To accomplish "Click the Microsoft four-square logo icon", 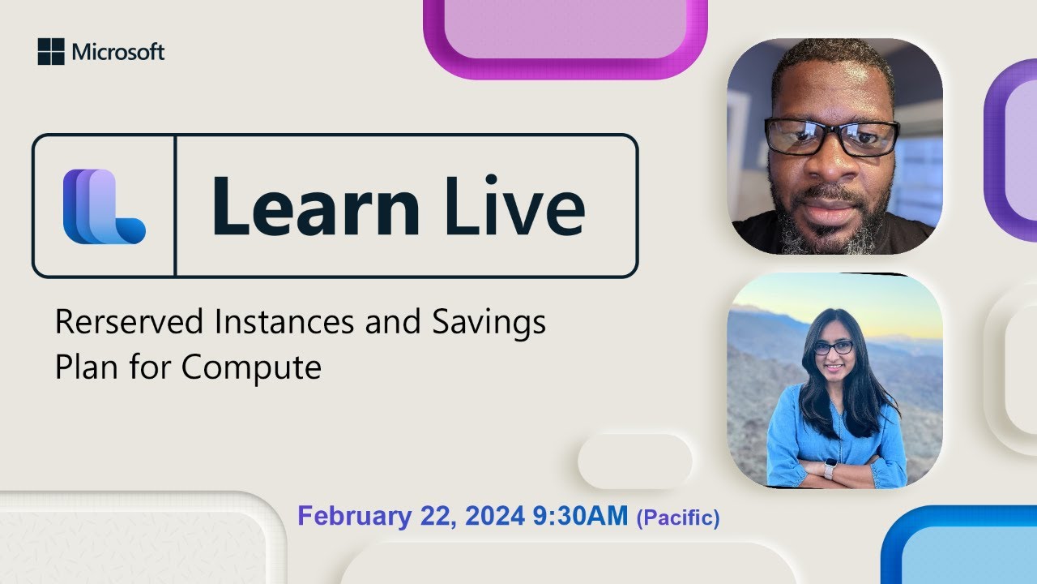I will click(50, 52).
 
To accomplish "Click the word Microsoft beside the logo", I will click(118, 53).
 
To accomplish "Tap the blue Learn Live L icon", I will click(104, 206).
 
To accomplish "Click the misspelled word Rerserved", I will click(129, 323).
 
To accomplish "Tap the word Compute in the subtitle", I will click(251, 367).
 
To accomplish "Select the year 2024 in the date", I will click(495, 517).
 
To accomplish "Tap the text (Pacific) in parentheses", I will click(678, 517).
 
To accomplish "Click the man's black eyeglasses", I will click(831, 136).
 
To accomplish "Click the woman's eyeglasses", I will click(833, 347).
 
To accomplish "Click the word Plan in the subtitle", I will click(85, 367).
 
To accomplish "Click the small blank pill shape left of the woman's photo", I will click(634, 461).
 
